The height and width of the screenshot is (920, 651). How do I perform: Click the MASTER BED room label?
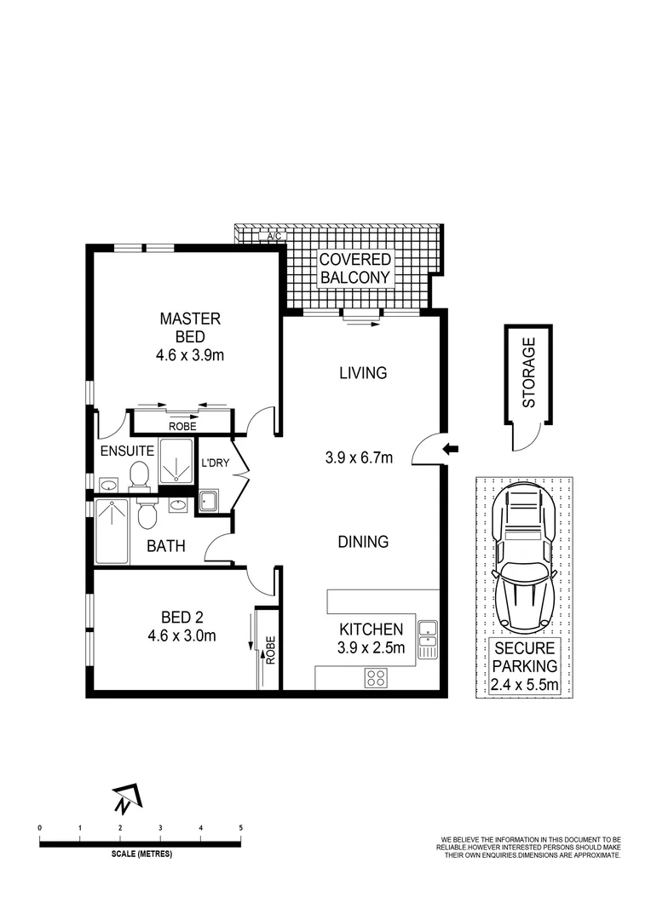(190, 327)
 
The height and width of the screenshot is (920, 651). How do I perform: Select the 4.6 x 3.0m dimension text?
(189, 634)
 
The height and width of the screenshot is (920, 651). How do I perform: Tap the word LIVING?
(362, 372)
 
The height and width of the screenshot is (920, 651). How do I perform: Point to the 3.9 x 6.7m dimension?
(359, 457)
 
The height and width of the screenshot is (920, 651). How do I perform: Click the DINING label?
(362, 541)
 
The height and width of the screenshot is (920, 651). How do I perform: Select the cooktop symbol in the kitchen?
(377, 677)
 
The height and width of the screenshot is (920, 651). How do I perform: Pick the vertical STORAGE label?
(528, 372)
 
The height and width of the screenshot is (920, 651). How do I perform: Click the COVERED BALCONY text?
(355, 268)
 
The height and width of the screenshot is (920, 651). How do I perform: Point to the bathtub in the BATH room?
(112, 531)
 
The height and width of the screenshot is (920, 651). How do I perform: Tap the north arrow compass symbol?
(126, 798)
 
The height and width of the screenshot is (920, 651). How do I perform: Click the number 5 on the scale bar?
(241, 828)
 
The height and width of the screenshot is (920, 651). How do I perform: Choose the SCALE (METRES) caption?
(141, 854)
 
